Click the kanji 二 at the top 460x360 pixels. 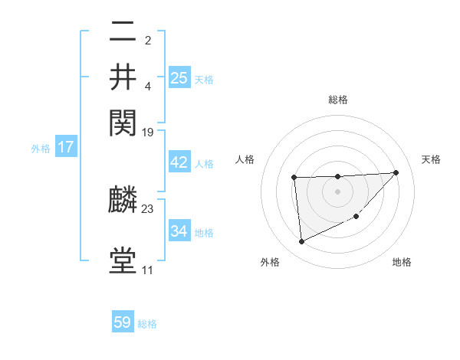tap(123, 33)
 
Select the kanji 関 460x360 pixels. tap(123, 120)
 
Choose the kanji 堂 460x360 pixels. tap(123, 262)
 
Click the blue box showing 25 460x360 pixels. tap(179, 77)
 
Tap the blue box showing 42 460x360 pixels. tap(179, 162)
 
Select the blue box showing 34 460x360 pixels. tap(179, 231)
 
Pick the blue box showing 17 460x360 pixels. tap(65, 147)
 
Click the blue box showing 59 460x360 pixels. tap(123, 322)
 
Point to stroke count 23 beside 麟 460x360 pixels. tap(148, 208)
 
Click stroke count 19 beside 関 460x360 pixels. tap(148, 133)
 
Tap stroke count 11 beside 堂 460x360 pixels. tap(147, 270)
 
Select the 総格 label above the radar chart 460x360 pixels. tap(337, 100)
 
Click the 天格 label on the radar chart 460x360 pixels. tap(431, 159)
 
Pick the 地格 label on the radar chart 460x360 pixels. tap(402, 263)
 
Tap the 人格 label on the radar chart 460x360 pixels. tap(245, 159)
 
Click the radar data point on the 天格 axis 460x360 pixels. tap(396, 172)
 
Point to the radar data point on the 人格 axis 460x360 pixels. tap(294, 178)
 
